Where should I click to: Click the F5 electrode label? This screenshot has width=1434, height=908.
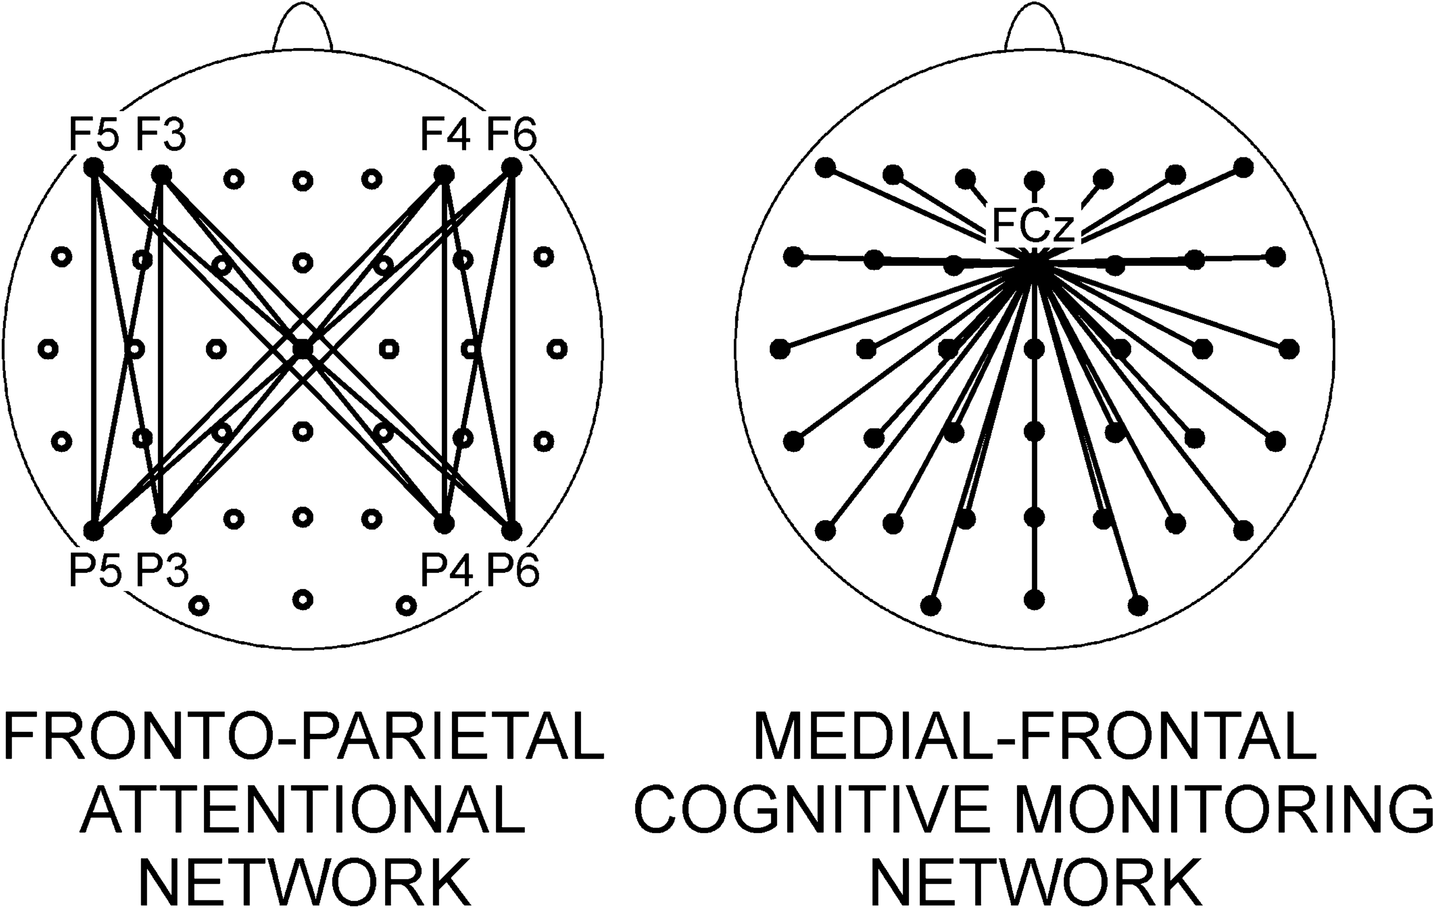[x=94, y=135]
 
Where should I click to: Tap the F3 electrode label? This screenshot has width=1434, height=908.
[x=161, y=135]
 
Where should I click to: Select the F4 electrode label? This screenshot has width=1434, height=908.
[x=445, y=135]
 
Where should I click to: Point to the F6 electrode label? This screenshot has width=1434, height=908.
[x=512, y=135]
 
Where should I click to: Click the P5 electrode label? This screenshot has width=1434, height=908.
[x=95, y=570]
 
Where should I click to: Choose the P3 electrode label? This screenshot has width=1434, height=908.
[x=162, y=570]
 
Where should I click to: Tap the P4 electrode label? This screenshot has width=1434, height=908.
[x=447, y=570]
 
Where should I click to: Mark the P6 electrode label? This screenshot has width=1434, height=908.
[x=513, y=570]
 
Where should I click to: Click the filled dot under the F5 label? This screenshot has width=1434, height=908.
[x=93, y=168]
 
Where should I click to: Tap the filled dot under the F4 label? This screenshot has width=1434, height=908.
[x=444, y=175]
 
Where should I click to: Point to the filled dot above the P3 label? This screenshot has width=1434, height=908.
[x=161, y=524]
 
